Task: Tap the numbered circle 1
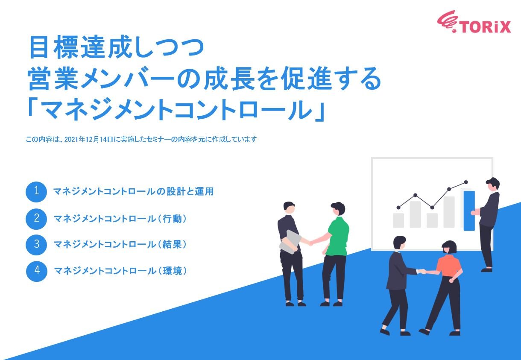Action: (x=36, y=192)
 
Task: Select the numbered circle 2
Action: (x=36, y=219)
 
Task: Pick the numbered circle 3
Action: (x=36, y=245)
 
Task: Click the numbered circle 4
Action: (x=36, y=271)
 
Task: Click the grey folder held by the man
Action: (x=290, y=242)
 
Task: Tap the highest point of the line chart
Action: (x=465, y=182)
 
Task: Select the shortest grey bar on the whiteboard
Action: (x=398, y=220)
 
